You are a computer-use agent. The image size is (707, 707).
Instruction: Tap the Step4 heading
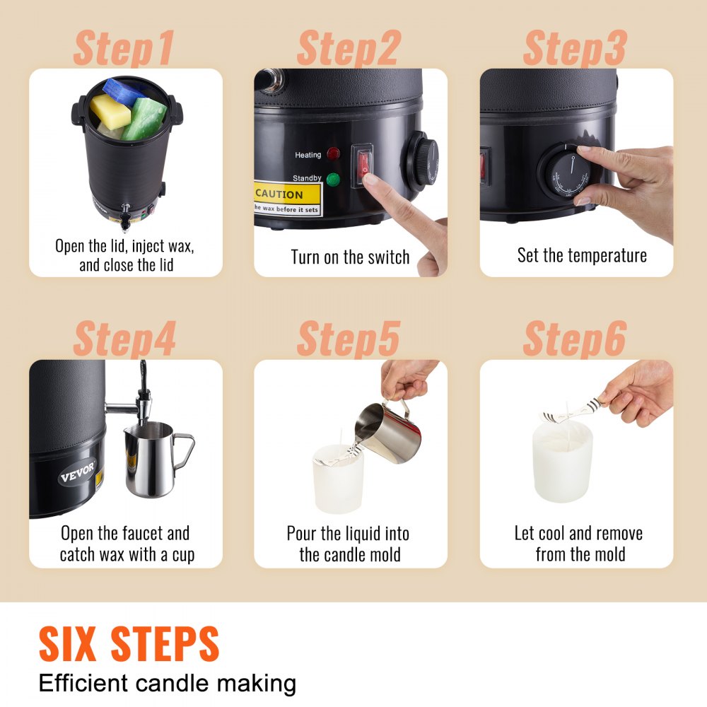click(124, 339)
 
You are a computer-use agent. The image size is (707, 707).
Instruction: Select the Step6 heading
click(574, 339)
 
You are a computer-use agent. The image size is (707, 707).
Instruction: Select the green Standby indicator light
click(334, 180)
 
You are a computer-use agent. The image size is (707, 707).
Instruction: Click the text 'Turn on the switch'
click(350, 257)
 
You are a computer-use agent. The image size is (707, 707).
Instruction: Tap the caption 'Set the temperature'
click(581, 255)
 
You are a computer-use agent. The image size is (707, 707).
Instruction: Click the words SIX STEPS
click(129, 644)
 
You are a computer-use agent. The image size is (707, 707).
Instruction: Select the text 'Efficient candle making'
click(167, 684)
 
